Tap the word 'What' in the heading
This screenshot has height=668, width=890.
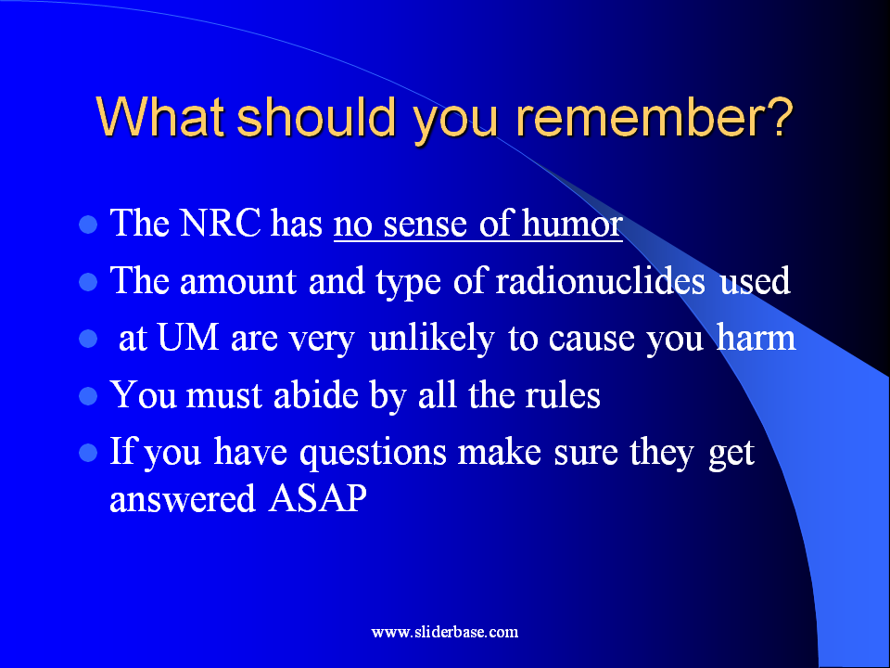[x=159, y=117]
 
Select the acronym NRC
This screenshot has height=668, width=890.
[x=221, y=223]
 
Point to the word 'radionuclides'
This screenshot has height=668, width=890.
[x=601, y=280]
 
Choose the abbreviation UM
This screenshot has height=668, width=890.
[x=188, y=338]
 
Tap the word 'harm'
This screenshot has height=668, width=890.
[x=756, y=337]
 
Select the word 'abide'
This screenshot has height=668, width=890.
[x=315, y=395]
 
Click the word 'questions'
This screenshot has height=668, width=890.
[x=373, y=454]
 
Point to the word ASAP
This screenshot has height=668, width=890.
[x=318, y=499]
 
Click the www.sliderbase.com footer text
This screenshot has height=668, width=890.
[x=444, y=632]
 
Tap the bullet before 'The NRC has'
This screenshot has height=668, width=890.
[x=88, y=225]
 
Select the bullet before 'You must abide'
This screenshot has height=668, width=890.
[x=88, y=396]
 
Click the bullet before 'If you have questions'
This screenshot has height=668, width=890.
[x=88, y=454]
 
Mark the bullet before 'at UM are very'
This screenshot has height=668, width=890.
[x=88, y=340]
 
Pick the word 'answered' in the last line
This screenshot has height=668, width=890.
[x=183, y=499]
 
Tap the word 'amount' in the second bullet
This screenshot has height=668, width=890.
[x=238, y=280]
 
